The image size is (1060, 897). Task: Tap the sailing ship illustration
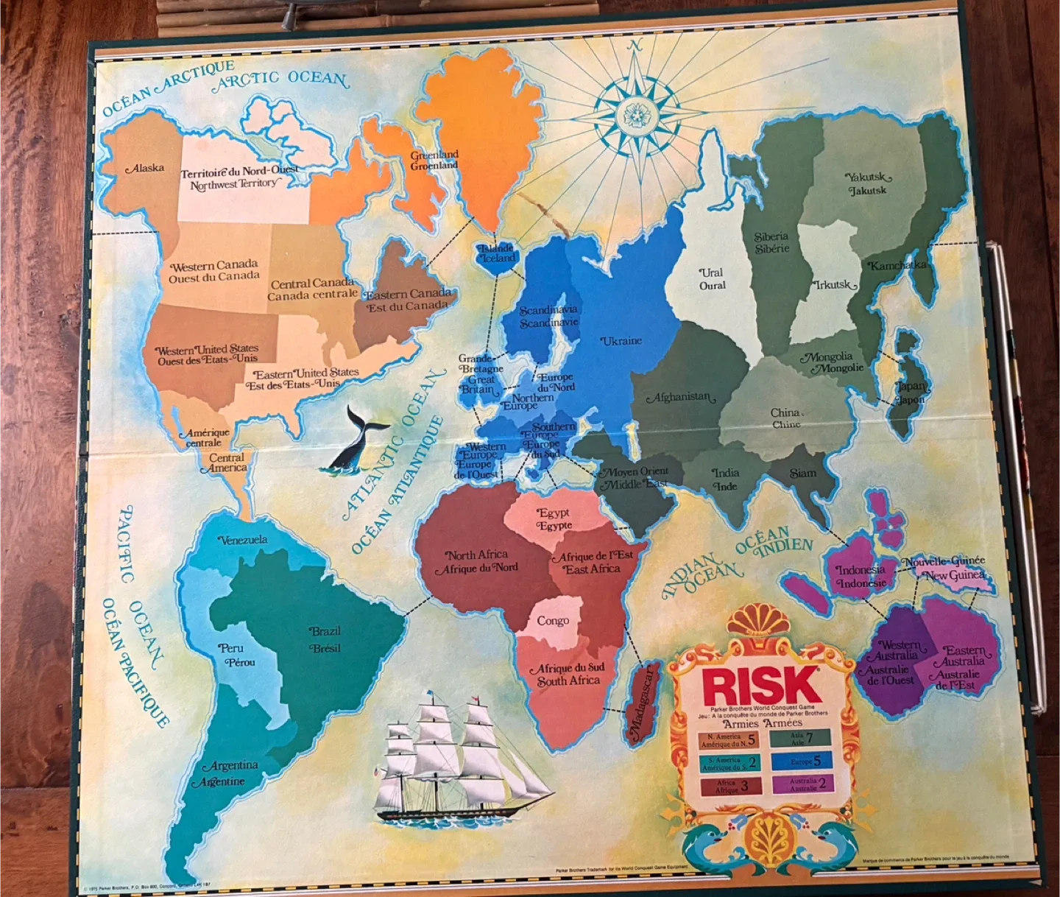coord(456,759)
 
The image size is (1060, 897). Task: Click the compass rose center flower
coord(635,115)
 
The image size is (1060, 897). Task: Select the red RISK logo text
coord(761,686)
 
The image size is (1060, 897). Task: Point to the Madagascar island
coord(641,703)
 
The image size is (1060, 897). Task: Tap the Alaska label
coord(146,169)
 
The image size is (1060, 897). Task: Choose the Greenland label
coord(434,160)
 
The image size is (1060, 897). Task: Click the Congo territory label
coord(552,621)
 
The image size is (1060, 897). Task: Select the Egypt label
coord(554,519)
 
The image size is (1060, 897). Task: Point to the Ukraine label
coord(621,341)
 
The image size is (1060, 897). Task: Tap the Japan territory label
coord(911,393)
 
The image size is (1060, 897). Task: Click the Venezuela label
coord(244,540)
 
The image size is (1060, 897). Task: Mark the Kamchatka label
coord(897,266)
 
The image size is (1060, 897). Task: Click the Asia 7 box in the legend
coord(801,738)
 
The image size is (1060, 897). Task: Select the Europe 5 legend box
coord(802,761)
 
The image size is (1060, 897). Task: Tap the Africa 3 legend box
coord(728,786)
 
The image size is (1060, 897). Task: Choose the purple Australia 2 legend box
coord(802,784)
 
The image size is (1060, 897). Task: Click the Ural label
coord(711,278)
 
